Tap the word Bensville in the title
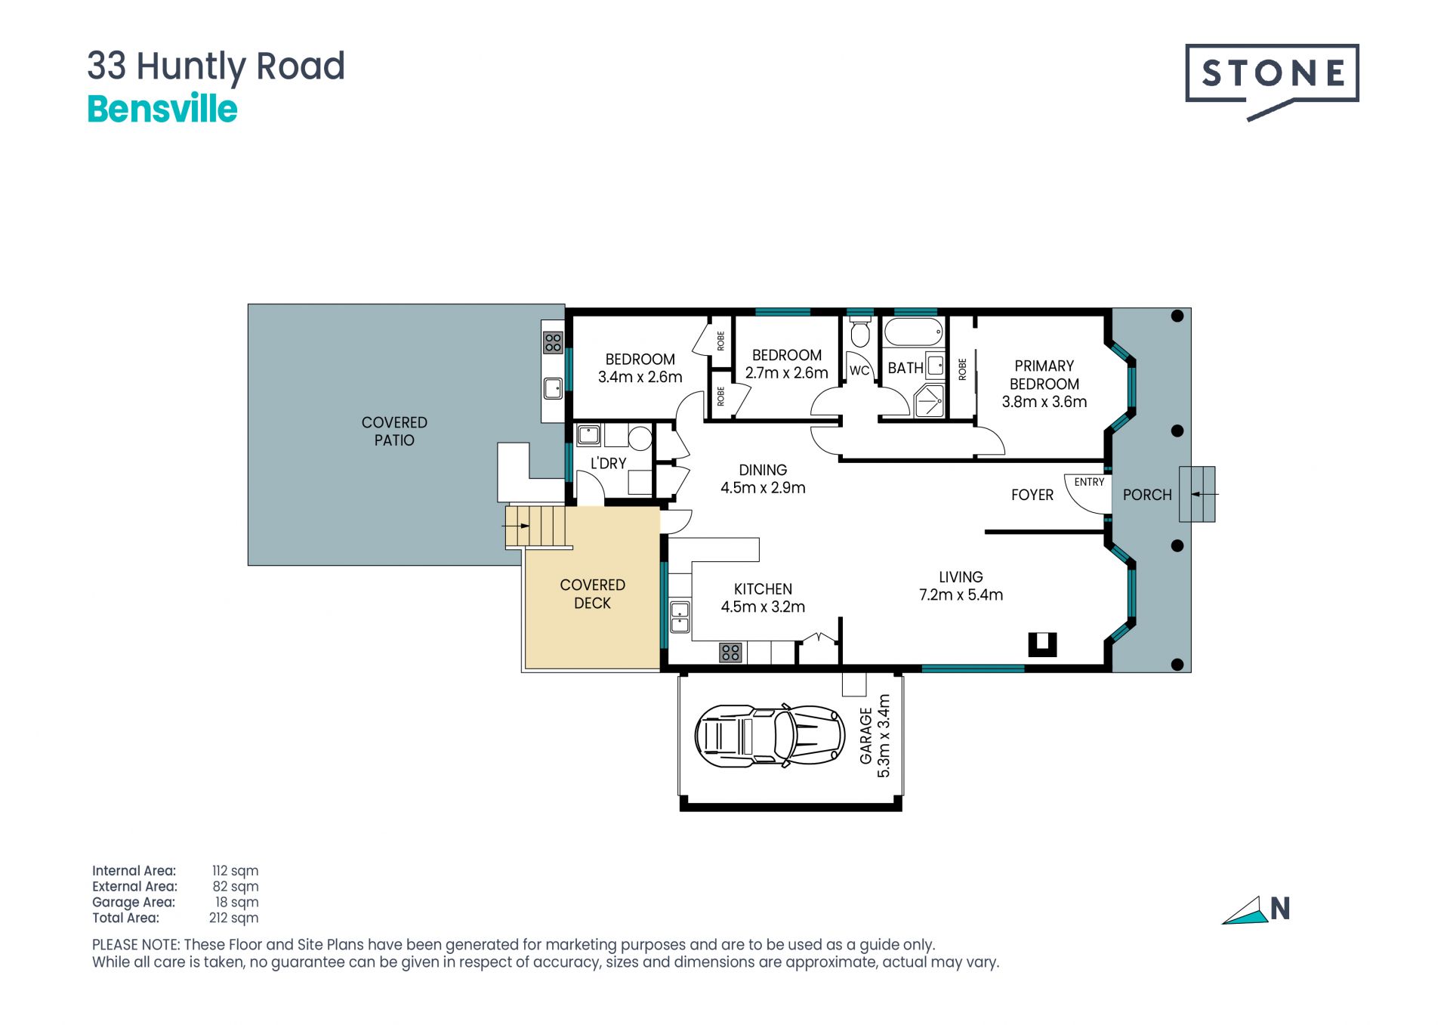pyautogui.click(x=162, y=109)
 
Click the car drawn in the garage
pyautogui.click(x=770, y=736)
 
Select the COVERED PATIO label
pyautogui.click(x=394, y=431)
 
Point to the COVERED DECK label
pyautogui.click(x=593, y=594)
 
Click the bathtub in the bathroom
pyautogui.click(x=914, y=332)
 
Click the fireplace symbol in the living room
pyautogui.click(x=1042, y=644)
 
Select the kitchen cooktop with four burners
pyautogui.click(x=730, y=653)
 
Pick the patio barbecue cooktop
pyautogui.click(x=554, y=342)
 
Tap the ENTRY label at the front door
pyautogui.click(x=1089, y=482)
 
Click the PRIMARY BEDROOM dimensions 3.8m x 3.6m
pyautogui.click(x=1044, y=402)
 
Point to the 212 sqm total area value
pyautogui.click(x=234, y=918)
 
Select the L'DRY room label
pyautogui.click(x=608, y=463)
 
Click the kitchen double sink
pyautogui.click(x=680, y=617)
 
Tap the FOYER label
pyautogui.click(x=1032, y=495)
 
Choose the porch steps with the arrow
pyautogui.click(x=1198, y=494)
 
